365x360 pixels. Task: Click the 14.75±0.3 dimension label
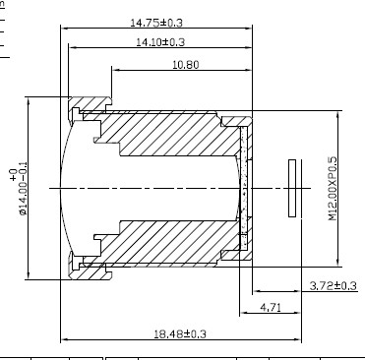pos(156,23)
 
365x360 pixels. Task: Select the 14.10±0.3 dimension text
pos(160,42)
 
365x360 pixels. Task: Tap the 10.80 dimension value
pos(186,65)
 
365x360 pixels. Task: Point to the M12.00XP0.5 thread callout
pos(333,189)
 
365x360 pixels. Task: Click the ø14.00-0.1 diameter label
pos(24,188)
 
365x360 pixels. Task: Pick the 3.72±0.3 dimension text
pos(333,285)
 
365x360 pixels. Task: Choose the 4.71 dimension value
pos(271,308)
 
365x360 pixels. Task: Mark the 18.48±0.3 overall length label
pos(180,334)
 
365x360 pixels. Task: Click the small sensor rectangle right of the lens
pos(292,188)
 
